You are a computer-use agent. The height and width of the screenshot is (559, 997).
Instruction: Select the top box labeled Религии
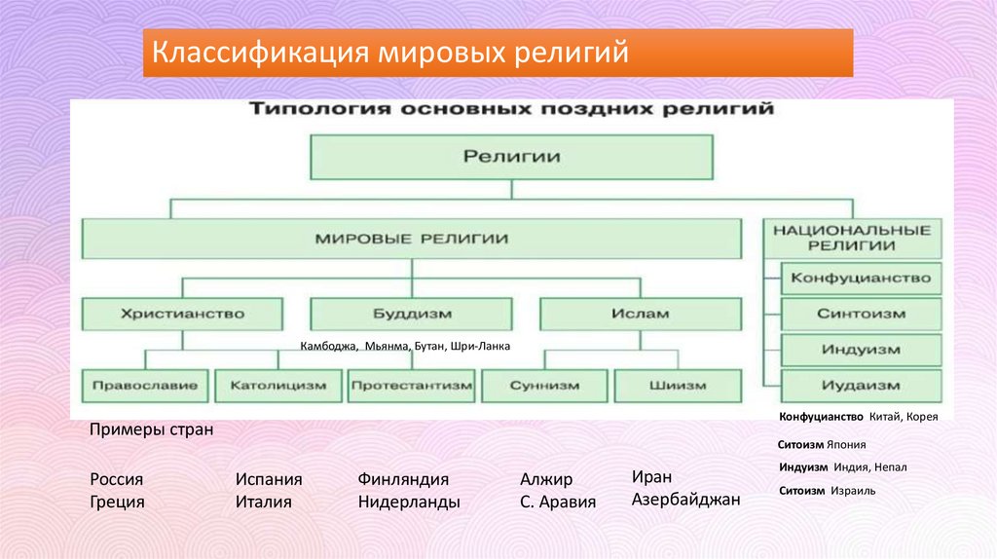coord(511,157)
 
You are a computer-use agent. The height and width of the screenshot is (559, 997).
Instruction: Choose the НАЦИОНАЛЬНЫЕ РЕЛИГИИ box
coord(852,238)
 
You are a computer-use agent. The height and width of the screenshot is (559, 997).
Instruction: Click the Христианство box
coord(182,315)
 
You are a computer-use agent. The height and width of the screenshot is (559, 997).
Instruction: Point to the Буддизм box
coord(410,315)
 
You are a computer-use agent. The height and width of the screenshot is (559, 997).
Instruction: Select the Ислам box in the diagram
coord(640,315)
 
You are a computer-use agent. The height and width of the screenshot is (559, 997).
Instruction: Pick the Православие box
coord(145,386)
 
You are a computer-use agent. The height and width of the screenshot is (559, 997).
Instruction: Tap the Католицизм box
coord(277,386)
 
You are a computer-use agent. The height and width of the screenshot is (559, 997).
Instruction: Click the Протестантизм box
coord(411,386)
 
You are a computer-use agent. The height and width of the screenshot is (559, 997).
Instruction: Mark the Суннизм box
coord(544,386)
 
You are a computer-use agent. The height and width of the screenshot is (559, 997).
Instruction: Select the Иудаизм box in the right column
coord(860,386)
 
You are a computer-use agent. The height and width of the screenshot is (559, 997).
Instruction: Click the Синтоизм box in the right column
coord(860,315)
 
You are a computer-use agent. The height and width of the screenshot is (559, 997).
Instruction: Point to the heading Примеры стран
coord(150,429)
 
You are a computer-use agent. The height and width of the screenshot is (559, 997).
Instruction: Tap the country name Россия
coord(116,479)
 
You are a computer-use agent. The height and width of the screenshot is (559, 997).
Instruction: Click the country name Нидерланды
coord(408,503)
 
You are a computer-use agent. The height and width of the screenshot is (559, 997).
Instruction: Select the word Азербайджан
coord(685,499)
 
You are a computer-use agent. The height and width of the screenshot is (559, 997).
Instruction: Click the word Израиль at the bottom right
coord(853,491)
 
